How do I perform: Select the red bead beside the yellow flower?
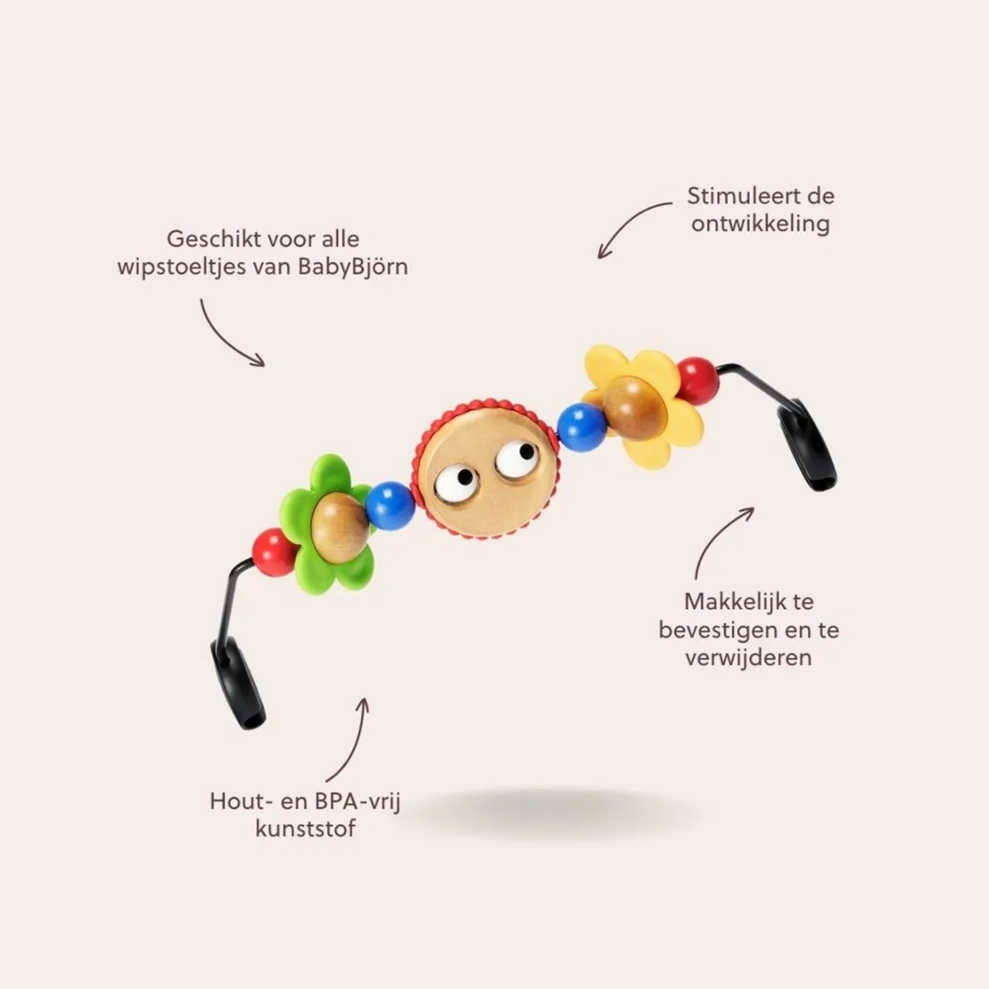pos(697,381)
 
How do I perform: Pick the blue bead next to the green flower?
pos(390,505)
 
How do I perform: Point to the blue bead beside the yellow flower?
pos(582,427)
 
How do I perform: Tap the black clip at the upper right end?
pos(806,445)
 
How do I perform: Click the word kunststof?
pos(305,828)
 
